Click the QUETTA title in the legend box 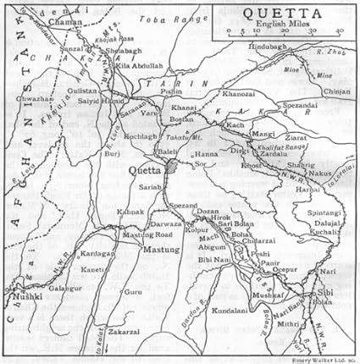(x=284, y=14)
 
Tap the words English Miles (x=284, y=25)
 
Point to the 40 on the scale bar (x=339, y=32)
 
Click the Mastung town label (x=137, y=250)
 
